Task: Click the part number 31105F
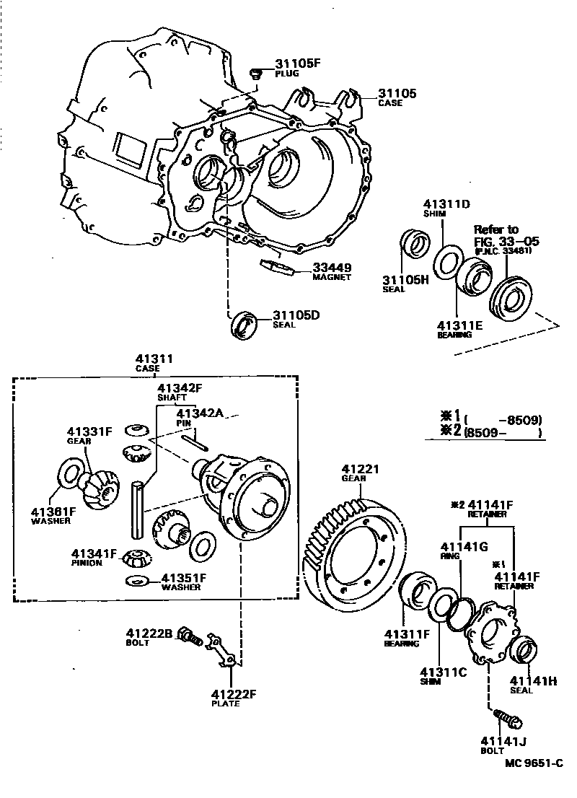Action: pos(298,63)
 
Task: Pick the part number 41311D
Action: pos(446,204)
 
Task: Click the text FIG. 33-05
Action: pos(506,241)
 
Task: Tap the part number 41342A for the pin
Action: pos(200,413)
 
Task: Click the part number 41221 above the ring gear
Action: pos(361,469)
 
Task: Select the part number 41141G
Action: pos(464,548)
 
